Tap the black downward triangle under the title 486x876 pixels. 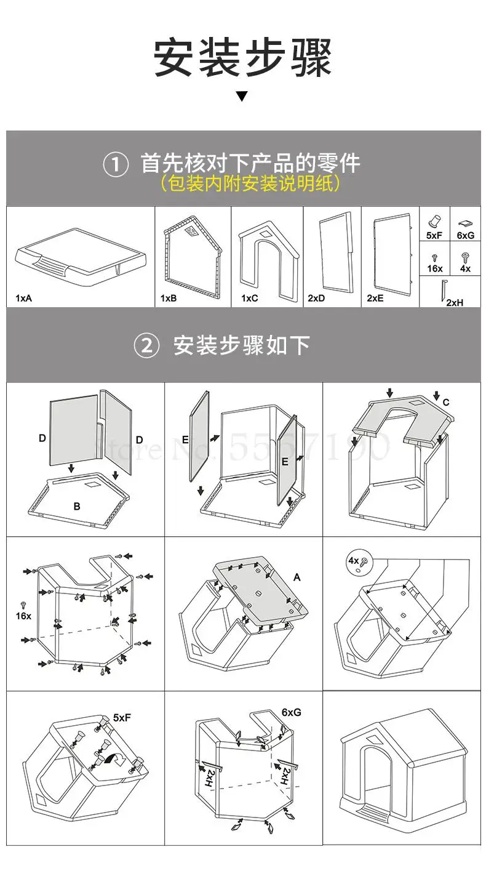pos(242,96)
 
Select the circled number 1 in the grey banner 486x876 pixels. pos(116,164)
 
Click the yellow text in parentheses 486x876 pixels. pos(250,183)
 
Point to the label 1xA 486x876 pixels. pos(23,299)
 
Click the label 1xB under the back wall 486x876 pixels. pos(169,299)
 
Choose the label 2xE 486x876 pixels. pos(375,299)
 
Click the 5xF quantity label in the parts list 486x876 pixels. pos(435,235)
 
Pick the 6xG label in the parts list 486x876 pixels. pos(465,235)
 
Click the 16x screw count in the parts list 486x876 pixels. pos(435,268)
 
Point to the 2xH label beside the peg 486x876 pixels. pos(455,302)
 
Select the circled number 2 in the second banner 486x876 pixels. pos(146,345)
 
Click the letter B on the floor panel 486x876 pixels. pos(77,507)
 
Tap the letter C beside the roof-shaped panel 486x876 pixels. pos(446,403)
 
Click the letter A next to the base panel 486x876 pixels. pos(297,577)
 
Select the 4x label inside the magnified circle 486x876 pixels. pos(353,561)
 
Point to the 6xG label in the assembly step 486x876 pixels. pos(291,713)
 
